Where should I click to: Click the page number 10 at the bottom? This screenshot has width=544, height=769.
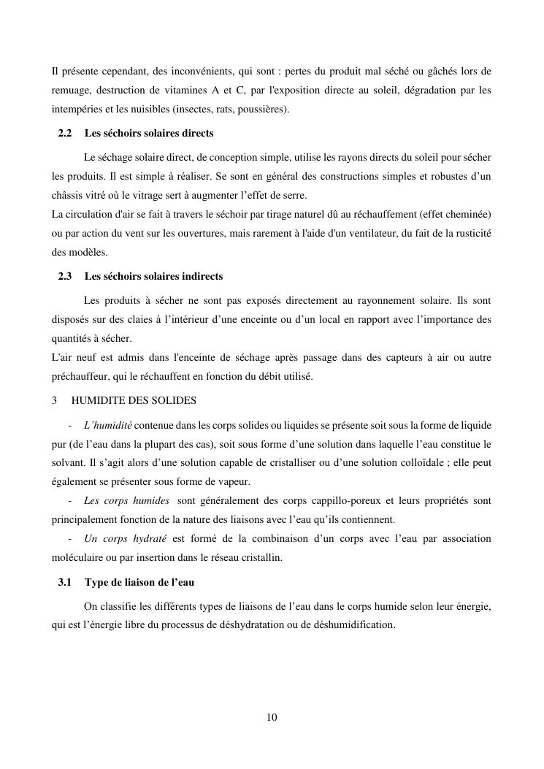pos(272,717)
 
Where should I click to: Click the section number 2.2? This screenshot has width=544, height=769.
pos(64,134)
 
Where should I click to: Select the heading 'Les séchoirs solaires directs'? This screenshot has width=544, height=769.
pos(149,134)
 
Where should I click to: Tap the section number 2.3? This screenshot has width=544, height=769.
pos(64,277)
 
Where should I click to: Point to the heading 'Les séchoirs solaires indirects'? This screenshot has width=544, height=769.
pos(153,277)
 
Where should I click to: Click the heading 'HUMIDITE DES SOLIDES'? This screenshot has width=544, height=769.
pos(134,400)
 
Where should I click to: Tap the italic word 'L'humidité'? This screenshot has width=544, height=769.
pos(107,425)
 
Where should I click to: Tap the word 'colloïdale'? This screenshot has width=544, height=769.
pos(429,463)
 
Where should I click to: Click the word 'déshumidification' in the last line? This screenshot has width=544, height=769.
pos(357,625)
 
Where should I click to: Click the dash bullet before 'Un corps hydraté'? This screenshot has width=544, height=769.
pos(69,539)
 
